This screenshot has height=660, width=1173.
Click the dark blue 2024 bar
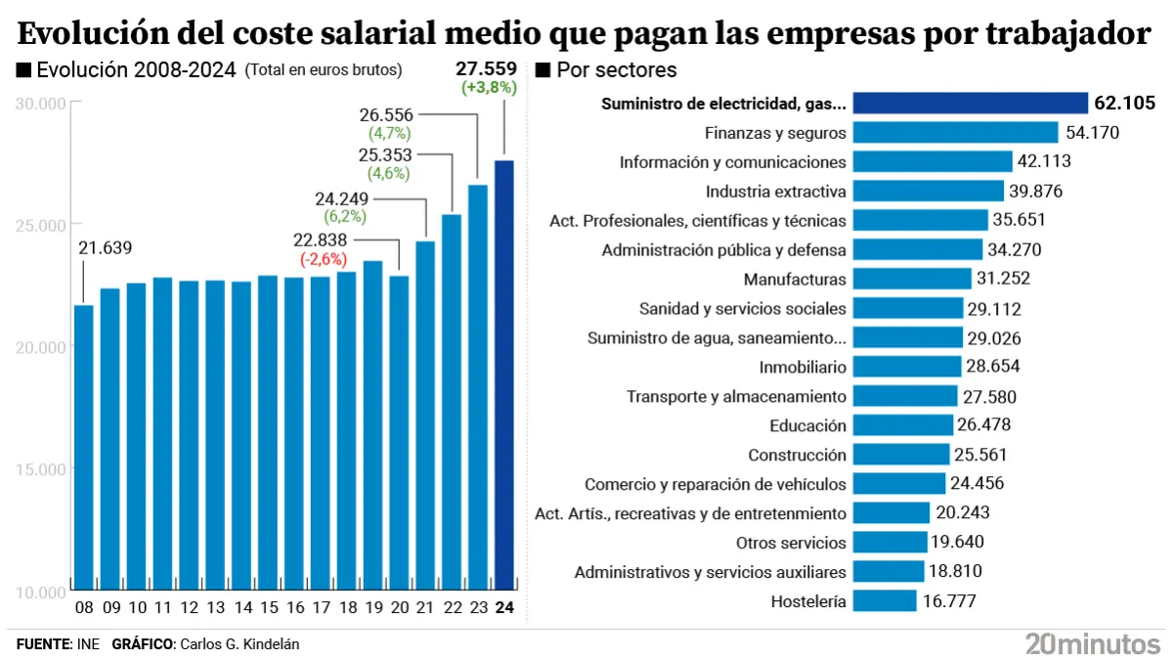tap(504, 376)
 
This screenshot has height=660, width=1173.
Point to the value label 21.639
tap(104, 248)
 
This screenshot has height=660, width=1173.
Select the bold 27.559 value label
tap(486, 69)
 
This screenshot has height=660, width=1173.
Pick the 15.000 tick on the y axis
tap(41, 469)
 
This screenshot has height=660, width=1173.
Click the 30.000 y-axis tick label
tap(41, 104)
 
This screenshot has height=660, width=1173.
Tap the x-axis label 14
tap(241, 607)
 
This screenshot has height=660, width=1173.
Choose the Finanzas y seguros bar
tap(956, 132)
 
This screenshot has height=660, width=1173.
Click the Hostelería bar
tap(885, 601)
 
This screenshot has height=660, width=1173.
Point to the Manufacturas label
tap(795, 279)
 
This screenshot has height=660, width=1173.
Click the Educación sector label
tap(807, 425)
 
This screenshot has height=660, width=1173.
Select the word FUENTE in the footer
tap(43, 643)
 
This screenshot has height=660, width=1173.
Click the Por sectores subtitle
tap(616, 70)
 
